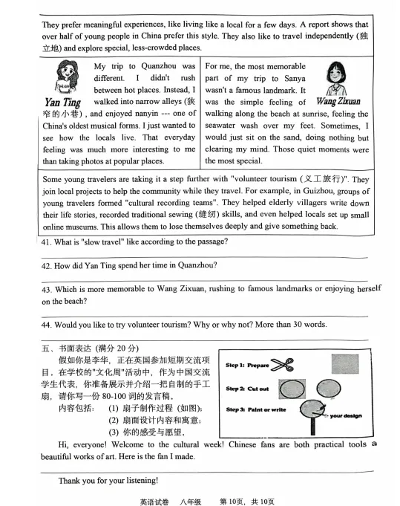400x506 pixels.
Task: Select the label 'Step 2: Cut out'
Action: (x=247, y=389)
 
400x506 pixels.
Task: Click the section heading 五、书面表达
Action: (x=67, y=348)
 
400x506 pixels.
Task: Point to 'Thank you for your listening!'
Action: (x=109, y=481)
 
